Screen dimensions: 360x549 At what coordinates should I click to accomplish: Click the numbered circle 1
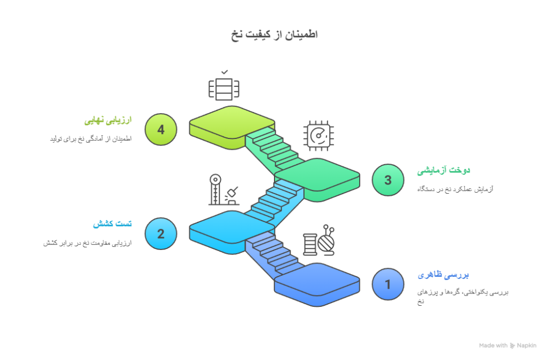point(388,284)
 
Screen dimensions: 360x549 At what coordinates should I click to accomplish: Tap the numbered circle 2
point(160,233)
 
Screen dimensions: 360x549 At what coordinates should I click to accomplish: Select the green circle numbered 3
point(388,180)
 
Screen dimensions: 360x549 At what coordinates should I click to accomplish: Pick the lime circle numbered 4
point(160,129)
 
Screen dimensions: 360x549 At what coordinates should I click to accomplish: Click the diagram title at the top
point(274,35)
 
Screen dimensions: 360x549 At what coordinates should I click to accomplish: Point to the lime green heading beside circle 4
point(108,120)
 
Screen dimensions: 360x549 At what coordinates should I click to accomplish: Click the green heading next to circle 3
point(443,171)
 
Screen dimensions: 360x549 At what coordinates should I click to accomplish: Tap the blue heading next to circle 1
point(443,275)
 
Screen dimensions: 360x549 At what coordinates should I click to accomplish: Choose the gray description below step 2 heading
point(87,243)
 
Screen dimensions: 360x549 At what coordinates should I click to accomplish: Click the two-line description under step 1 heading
point(462,297)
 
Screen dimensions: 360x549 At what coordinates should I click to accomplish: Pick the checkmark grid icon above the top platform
point(224,86)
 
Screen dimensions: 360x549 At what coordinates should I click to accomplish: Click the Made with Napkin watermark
point(507,346)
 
